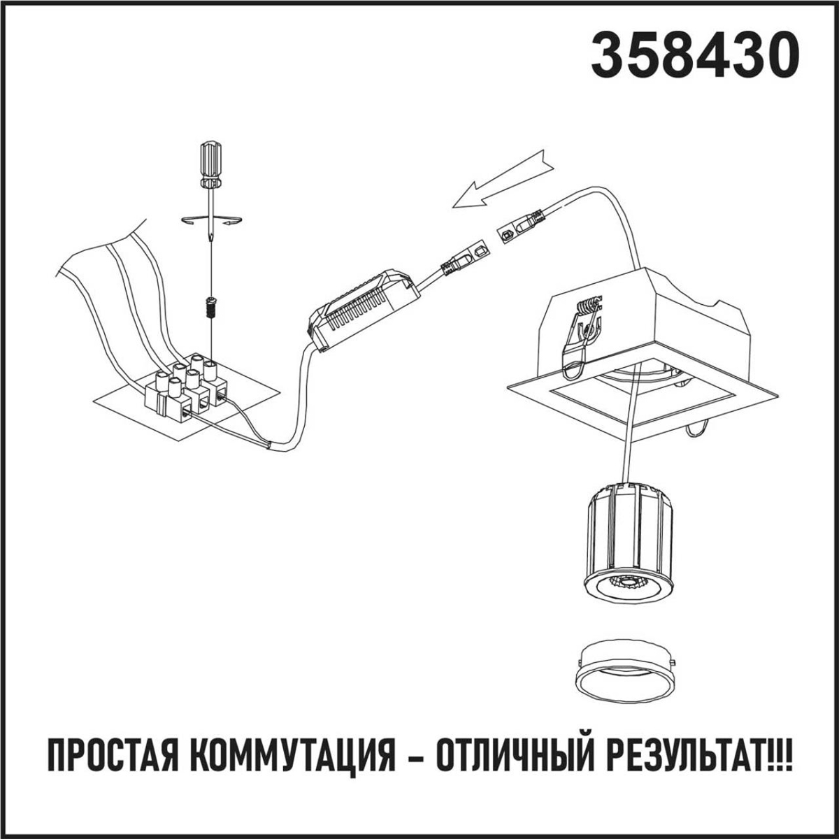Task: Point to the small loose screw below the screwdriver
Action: [208, 306]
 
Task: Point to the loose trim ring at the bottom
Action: [626, 675]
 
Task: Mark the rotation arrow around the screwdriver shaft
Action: [210, 222]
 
